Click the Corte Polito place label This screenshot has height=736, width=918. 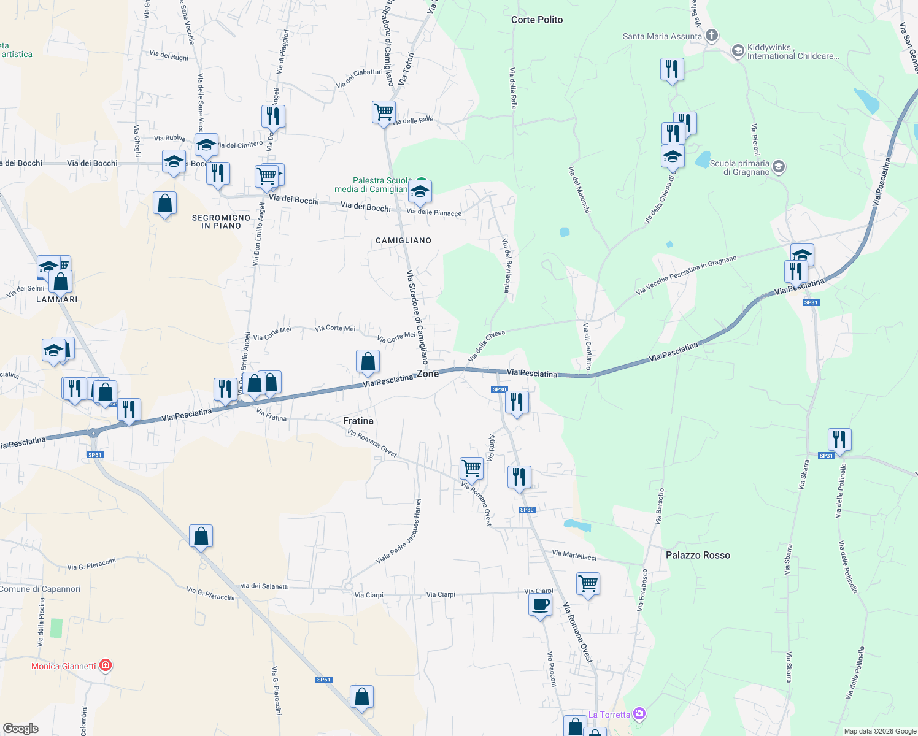537,20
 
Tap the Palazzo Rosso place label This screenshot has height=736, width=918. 698,555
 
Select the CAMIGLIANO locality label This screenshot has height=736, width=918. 403,240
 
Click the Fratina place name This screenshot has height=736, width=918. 358,421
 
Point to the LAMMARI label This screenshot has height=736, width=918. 57,299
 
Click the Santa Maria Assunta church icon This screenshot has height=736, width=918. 712,36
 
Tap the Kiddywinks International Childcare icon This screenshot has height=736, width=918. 738,50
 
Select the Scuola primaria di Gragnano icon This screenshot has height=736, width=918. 779,167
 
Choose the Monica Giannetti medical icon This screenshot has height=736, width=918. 106,665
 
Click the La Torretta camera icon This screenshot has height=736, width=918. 639,714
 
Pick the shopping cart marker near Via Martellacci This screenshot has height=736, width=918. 588,584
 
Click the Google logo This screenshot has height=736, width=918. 20,729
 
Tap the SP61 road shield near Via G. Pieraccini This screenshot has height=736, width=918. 323,680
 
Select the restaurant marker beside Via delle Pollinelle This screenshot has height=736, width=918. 839,440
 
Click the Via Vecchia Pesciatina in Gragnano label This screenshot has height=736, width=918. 686,275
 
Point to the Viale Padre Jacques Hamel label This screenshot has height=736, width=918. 399,532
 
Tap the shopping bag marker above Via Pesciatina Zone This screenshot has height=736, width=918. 368,361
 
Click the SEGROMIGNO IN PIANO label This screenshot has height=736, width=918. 221,221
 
